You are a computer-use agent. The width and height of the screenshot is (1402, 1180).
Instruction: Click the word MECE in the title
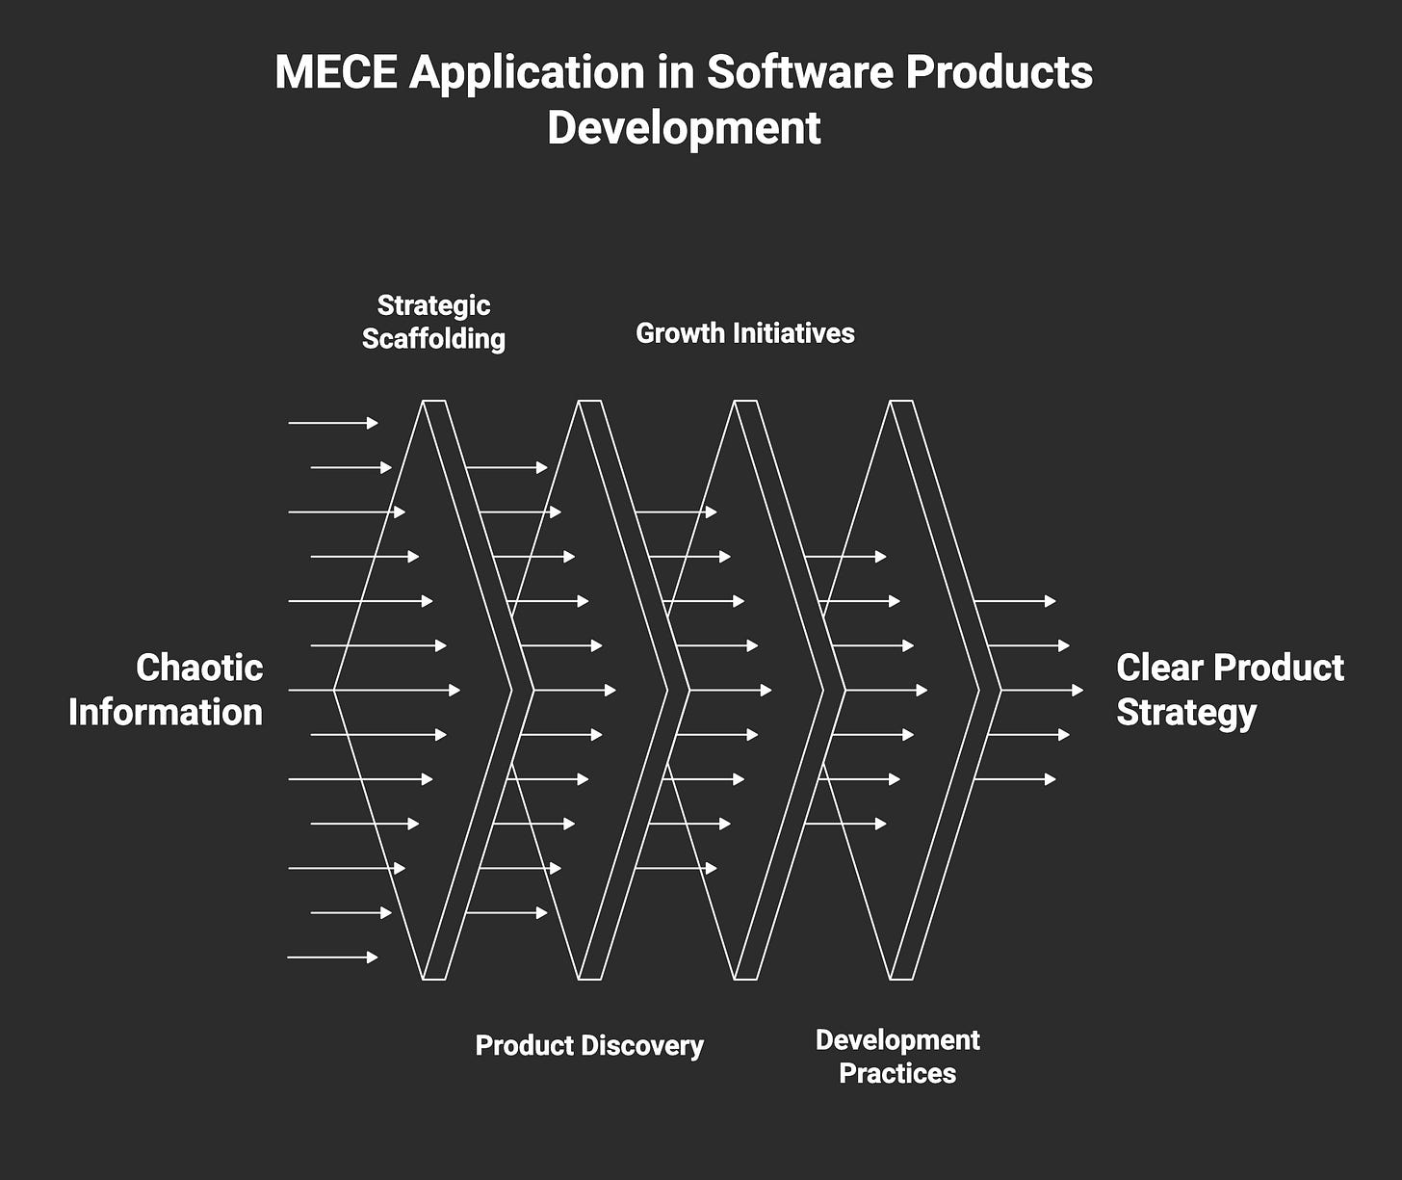click(x=335, y=72)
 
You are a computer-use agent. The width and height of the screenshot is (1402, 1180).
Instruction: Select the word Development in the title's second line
click(x=684, y=128)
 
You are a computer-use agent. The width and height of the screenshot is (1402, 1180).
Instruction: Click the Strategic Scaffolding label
click(x=433, y=322)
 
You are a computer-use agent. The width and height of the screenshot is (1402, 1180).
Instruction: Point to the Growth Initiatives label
click(x=745, y=333)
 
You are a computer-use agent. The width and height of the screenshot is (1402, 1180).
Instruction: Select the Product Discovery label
click(x=589, y=1046)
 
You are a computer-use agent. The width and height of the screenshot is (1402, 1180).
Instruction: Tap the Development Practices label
click(x=897, y=1057)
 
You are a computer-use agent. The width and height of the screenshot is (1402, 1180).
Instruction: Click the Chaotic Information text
click(x=166, y=690)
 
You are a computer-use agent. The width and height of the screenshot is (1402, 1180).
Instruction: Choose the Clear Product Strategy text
click(x=1230, y=690)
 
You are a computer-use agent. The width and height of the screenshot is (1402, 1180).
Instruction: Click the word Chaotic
click(x=199, y=668)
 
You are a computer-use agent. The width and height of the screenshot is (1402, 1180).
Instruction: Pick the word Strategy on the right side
click(x=1186, y=713)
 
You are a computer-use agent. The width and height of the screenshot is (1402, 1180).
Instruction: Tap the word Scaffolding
click(x=433, y=339)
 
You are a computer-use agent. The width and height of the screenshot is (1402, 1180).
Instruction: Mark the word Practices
click(x=897, y=1073)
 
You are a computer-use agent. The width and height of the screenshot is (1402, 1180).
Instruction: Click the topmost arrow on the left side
click(x=332, y=423)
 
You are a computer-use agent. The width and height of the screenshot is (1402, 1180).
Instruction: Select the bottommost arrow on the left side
click(x=332, y=957)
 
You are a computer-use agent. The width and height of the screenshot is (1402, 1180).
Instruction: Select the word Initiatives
click(x=793, y=333)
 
